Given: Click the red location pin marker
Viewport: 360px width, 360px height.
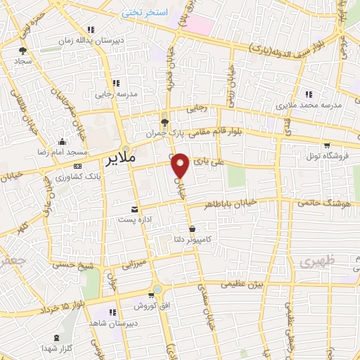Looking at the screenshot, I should [x=181, y=165].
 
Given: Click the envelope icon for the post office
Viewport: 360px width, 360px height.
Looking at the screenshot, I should [x=135, y=209].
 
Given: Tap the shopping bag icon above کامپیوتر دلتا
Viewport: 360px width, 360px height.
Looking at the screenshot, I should [x=193, y=229].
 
